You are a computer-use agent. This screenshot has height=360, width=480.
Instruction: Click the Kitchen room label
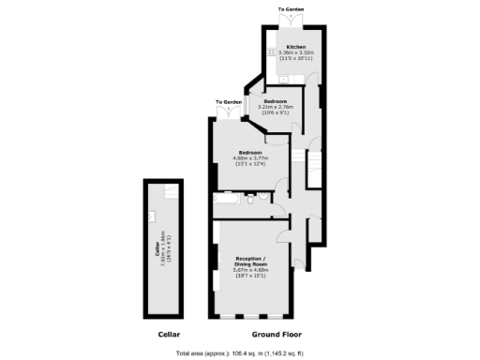click(294, 46)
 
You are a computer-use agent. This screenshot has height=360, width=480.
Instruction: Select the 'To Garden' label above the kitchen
click(292, 9)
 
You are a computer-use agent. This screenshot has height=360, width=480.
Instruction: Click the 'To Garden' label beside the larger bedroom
click(229, 101)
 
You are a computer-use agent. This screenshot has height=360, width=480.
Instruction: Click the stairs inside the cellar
click(170, 192)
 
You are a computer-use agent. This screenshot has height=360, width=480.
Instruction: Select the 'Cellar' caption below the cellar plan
click(168, 335)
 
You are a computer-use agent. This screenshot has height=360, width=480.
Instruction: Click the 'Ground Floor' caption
click(277, 335)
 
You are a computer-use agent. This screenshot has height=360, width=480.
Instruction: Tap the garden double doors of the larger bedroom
click(229, 112)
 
